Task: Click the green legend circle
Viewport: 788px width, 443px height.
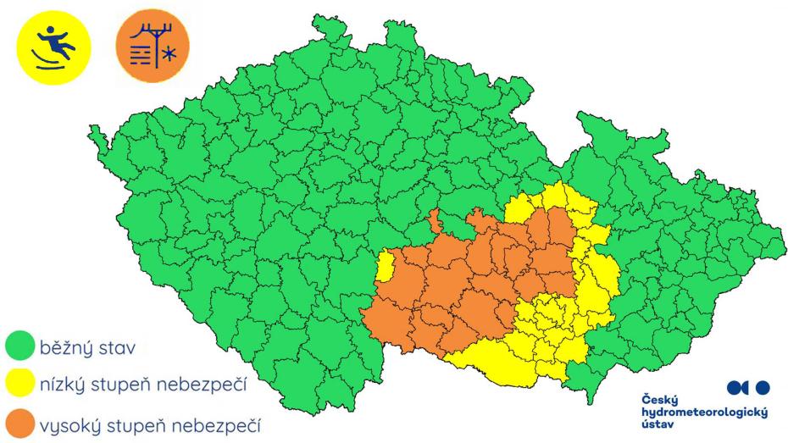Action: pyautogui.click(x=18, y=347)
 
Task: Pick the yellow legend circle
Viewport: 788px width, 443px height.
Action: pyautogui.click(x=18, y=385)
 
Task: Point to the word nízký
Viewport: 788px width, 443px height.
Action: pyautogui.click(x=63, y=386)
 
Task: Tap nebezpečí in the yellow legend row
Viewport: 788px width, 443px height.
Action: pyautogui.click(x=203, y=386)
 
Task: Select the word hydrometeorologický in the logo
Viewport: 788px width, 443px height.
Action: pyautogui.click(x=704, y=411)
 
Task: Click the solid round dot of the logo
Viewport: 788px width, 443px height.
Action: pyautogui.click(x=763, y=387)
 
